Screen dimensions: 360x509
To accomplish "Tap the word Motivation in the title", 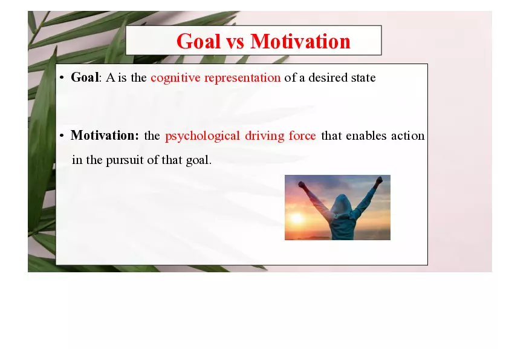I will [300, 42].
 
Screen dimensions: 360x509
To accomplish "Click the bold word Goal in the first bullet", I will [85, 77].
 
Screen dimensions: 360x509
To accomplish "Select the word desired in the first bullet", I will [328, 78].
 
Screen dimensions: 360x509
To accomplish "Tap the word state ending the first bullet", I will [363, 78].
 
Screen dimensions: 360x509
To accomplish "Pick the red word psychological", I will [203, 136].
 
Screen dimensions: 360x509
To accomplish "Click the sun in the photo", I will [297, 218].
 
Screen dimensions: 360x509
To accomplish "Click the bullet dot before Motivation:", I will [62, 136].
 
